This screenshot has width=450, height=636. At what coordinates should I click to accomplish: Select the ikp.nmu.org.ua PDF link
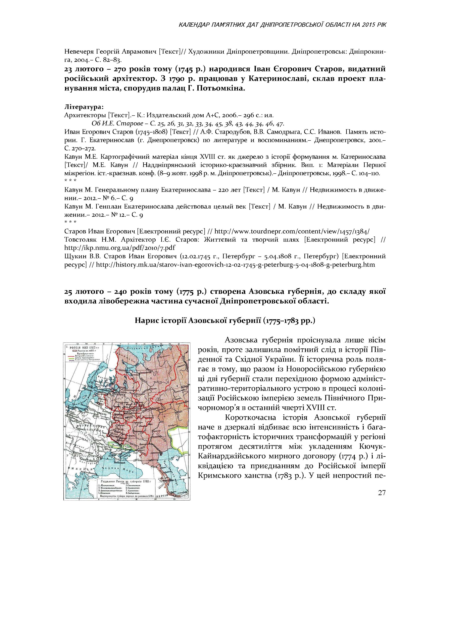tap(120, 247)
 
